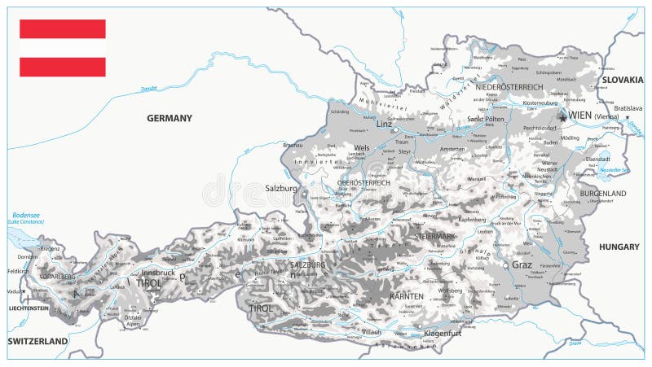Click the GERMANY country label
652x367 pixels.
point(170,118)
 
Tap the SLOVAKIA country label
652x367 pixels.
point(623,80)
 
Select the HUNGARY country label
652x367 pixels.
point(619,247)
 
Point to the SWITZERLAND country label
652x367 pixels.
point(37,341)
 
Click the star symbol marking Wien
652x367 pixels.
point(562,117)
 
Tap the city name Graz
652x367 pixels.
point(522,264)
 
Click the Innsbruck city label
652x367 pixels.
point(158,273)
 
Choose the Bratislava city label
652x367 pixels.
point(628,107)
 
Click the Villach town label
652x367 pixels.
point(372,332)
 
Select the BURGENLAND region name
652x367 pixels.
point(603,194)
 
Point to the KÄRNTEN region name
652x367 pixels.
point(407,297)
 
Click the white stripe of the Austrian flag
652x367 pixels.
point(63,47)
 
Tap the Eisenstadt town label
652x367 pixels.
point(598,159)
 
